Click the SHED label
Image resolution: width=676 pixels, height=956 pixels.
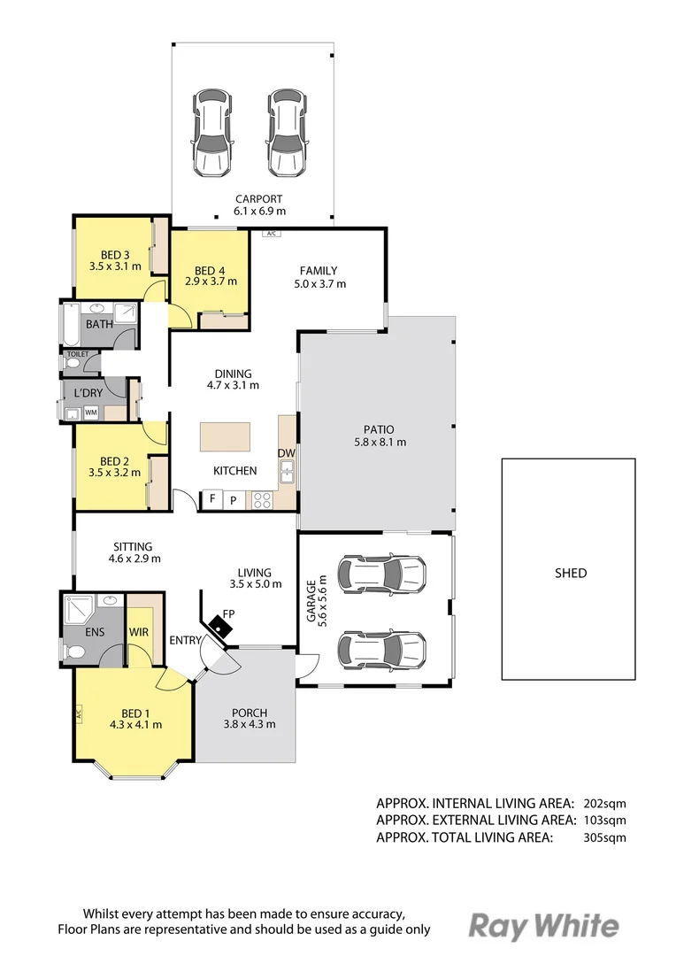(x=570, y=573)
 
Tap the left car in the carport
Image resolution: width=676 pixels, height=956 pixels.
(x=213, y=133)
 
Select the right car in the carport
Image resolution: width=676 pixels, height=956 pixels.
(x=288, y=133)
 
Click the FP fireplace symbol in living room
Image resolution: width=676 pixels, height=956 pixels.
(x=218, y=625)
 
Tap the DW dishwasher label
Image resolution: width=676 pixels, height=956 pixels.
(x=286, y=454)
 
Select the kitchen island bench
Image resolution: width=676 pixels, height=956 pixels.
(x=225, y=436)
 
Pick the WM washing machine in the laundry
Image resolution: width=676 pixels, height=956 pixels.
(x=91, y=412)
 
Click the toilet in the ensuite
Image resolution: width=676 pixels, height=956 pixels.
(x=74, y=652)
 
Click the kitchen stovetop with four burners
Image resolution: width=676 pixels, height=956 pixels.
(x=263, y=500)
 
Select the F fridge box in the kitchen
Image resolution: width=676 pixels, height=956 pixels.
(x=211, y=500)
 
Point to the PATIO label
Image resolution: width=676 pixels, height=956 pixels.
(x=378, y=429)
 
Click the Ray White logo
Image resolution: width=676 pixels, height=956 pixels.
(x=543, y=926)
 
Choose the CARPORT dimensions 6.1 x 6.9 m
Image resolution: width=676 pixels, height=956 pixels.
(x=259, y=212)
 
